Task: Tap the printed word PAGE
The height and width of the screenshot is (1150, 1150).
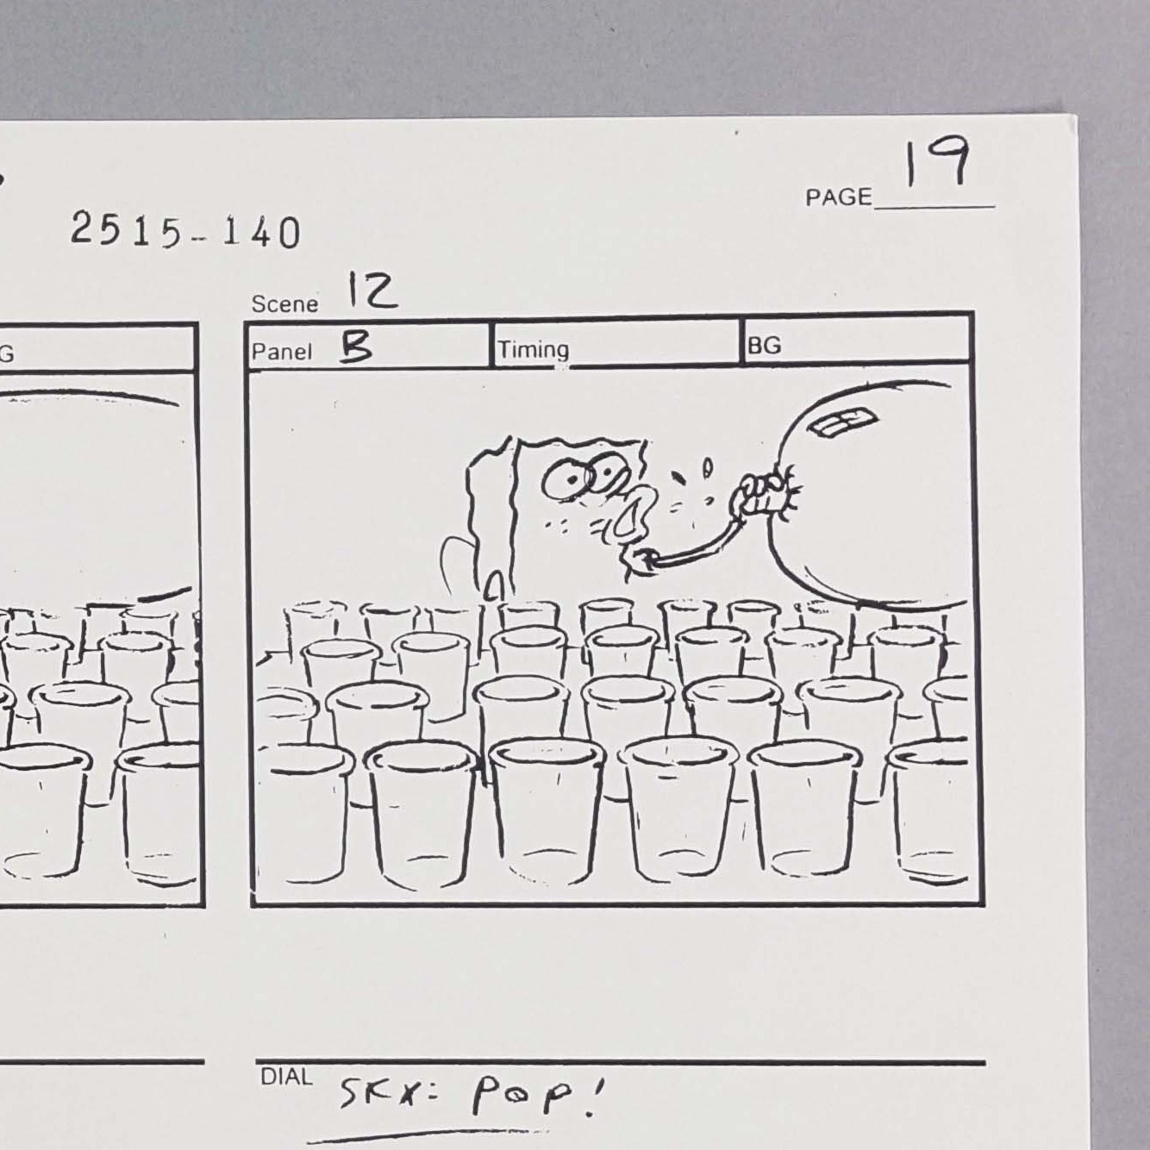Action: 839,197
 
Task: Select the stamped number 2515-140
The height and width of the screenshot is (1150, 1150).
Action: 185,232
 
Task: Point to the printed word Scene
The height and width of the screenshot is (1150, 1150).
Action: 284,303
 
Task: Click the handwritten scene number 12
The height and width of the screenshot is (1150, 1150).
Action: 372,291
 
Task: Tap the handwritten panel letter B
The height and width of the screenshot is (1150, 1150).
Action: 356,348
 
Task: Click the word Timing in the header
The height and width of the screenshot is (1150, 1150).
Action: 534,350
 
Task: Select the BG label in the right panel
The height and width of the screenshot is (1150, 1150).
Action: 764,346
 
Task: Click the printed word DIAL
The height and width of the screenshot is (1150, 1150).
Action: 286,1077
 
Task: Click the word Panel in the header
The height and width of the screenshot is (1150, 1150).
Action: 281,352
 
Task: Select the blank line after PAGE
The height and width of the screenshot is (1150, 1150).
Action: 934,208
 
